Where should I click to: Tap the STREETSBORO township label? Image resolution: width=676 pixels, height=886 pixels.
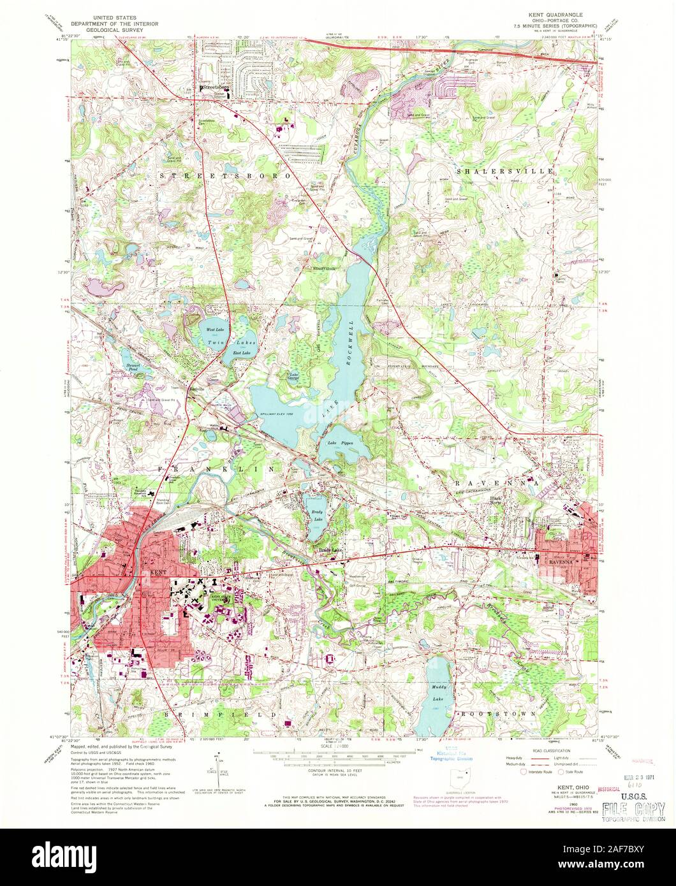(x=225, y=175)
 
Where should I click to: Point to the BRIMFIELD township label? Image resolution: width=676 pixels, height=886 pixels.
(x=223, y=715)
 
